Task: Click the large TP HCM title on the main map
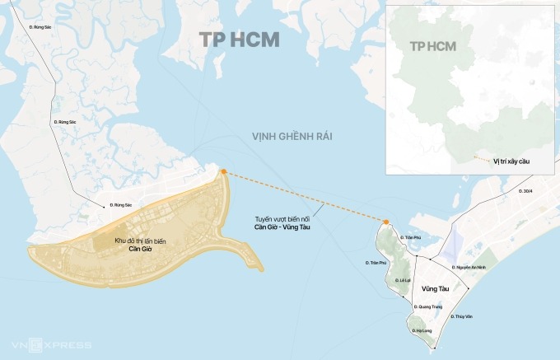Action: pos(239,40)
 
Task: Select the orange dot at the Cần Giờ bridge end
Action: pos(222,171)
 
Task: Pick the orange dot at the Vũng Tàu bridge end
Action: pos(385,221)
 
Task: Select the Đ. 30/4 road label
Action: pos(526,191)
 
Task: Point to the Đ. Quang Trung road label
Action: pos(430,306)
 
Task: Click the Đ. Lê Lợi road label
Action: pos(403,280)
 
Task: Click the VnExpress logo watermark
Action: pos(41,344)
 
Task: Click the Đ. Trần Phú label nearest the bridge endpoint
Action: pos(410,236)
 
